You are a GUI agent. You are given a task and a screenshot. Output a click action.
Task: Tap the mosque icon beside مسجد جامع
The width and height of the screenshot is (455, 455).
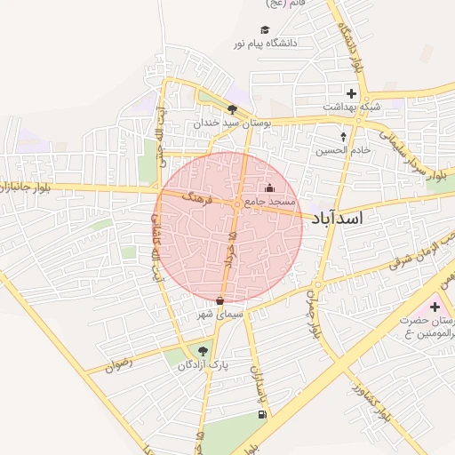pos(270,188)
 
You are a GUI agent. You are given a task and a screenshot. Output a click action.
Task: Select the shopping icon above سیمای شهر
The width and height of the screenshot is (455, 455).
pos(220,301)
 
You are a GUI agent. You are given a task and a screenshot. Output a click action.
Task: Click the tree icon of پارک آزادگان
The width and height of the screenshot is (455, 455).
pos(203,351)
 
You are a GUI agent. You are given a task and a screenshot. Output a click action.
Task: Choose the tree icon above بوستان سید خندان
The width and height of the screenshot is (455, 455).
pos(232,108)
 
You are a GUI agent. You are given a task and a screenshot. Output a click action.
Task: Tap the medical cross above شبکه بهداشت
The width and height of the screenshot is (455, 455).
pos(352,93)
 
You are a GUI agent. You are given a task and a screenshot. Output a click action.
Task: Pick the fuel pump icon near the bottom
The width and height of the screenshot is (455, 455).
pos(260,414)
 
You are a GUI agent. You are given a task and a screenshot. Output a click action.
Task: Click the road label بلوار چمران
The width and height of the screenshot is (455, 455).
pos(311,312)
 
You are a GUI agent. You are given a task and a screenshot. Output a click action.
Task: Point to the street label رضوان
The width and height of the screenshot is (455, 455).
pos(118,363)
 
